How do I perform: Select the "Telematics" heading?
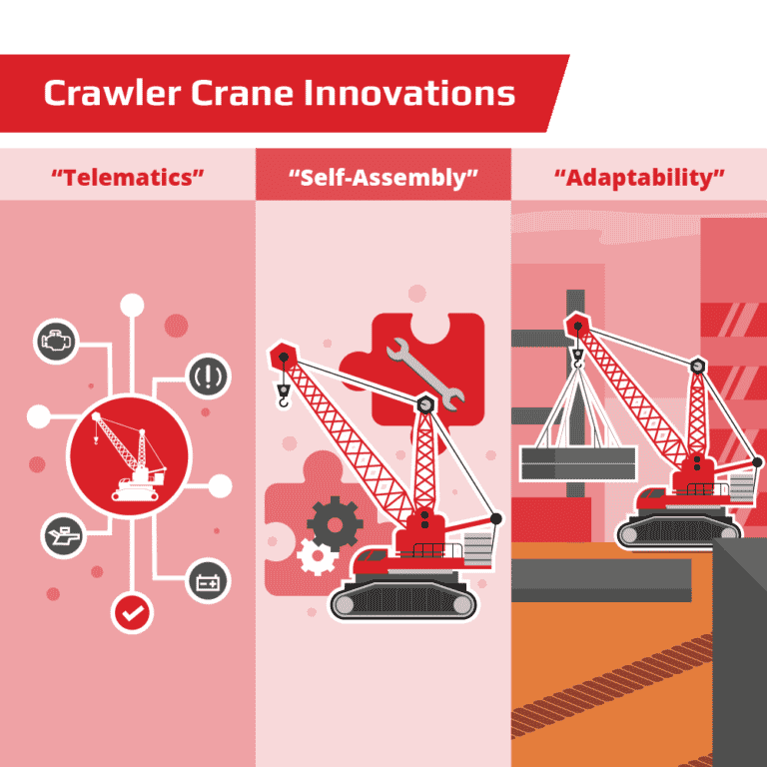click(128, 179)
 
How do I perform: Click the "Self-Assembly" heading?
click(383, 179)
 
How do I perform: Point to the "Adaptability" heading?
click(639, 179)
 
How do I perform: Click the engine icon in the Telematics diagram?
click(55, 342)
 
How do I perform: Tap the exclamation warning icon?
click(209, 378)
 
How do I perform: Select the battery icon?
click(208, 581)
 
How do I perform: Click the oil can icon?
click(62, 536)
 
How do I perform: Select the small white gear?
click(318, 554)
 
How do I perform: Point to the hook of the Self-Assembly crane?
click(285, 398)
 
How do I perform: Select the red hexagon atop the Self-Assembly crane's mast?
click(425, 405)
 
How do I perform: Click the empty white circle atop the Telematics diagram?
click(131, 305)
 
